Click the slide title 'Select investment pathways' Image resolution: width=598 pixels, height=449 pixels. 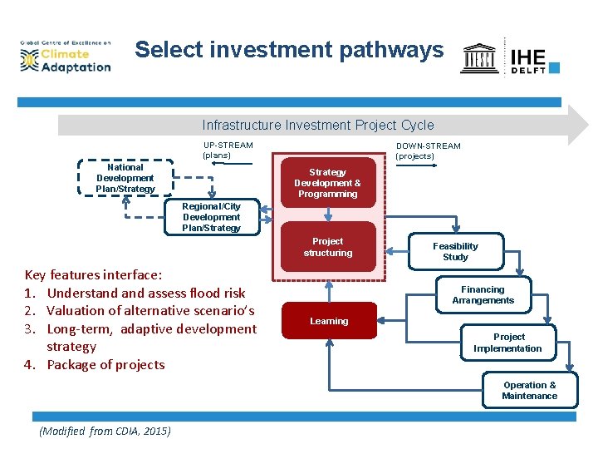pos(289,50)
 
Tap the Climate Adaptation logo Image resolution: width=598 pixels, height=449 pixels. pos(66,56)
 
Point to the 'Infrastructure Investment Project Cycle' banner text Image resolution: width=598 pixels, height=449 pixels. pos(317,126)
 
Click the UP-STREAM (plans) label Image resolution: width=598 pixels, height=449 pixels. pos(228,150)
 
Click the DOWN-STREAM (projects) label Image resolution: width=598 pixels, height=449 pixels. pos(428,150)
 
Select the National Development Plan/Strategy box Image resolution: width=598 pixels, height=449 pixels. pos(125,178)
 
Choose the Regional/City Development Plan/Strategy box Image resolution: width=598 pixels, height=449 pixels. pos(211,217)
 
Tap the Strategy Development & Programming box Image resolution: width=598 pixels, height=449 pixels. pos(328,183)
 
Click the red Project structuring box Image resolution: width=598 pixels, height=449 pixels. pos(328,247)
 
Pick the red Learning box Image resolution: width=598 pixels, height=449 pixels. pos(329,321)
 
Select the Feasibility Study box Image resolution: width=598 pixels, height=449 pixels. pos(455,252)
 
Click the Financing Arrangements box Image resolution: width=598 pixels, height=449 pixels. pos(483,295)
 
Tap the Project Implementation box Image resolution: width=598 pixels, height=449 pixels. pos(507,343)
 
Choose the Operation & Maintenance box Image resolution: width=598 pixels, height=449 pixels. pos(529,390)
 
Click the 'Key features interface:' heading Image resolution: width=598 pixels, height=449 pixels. pos(94,274)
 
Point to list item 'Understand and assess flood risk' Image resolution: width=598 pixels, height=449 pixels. pos(145,293)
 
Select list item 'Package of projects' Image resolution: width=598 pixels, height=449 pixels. pos(105,364)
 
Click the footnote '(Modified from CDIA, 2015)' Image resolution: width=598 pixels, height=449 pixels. pos(105,431)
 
